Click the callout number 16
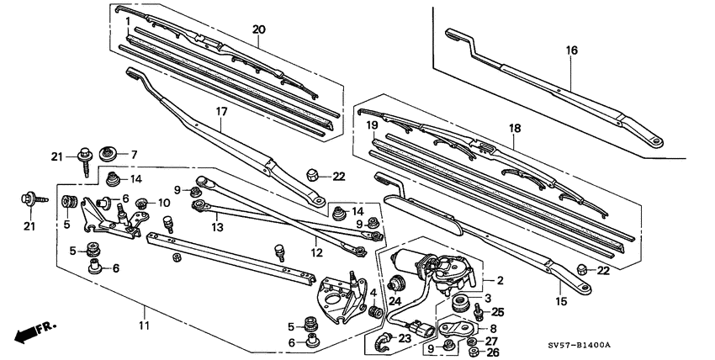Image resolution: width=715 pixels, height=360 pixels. (x=572, y=50)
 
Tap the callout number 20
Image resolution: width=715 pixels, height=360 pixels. (x=258, y=29)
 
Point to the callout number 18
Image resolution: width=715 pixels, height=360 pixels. (x=515, y=128)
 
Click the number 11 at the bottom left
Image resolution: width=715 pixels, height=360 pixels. (x=144, y=325)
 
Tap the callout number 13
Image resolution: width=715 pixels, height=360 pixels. (x=216, y=227)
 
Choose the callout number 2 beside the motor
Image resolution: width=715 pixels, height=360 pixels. (x=500, y=281)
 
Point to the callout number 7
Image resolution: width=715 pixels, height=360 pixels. (x=132, y=155)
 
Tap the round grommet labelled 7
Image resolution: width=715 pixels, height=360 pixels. (x=108, y=154)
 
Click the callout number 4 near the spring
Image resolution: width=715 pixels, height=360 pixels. (x=373, y=292)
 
